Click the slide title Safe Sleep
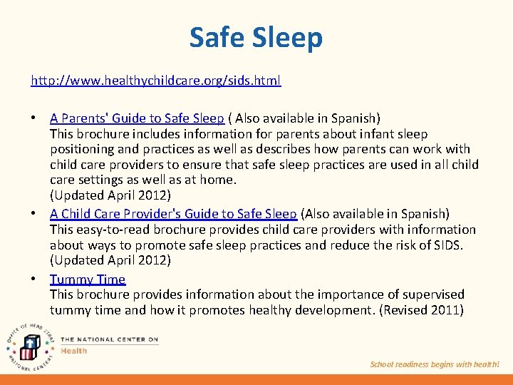(x=256, y=37)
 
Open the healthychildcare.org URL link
(x=155, y=81)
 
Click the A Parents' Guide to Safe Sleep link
(x=137, y=118)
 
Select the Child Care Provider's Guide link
(x=173, y=213)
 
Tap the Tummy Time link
(x=87, y=279)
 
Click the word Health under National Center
(x=74, y=350)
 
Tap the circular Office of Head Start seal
(x=30, y=344)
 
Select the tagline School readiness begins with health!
(x=435, y=364)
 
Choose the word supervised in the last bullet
(x=435, y=294)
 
